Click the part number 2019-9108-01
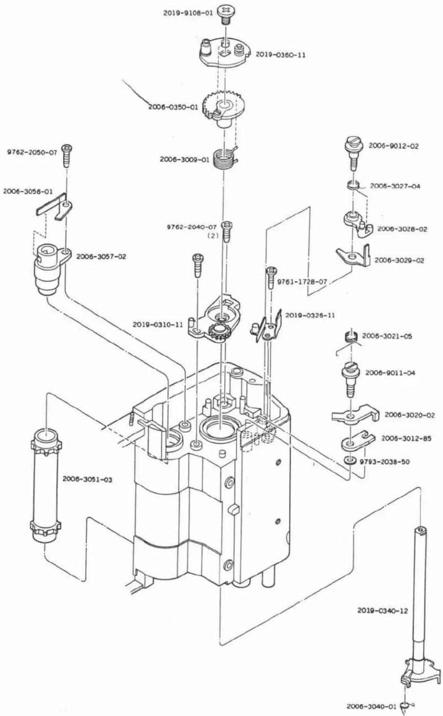tap(188, 13)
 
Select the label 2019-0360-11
tap(281, 54)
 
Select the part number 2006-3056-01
tap(28, 192)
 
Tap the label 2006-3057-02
tap(101, 256)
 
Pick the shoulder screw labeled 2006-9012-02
tap(353, 153)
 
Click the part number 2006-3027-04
tap(395, 186)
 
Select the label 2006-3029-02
tap(399, 260)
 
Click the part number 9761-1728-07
tap(302, 282)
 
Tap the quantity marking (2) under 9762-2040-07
tap(213, 236)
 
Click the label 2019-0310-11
tap(157, 324)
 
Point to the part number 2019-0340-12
tap(382, 610)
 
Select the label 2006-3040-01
tap(371, 706)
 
